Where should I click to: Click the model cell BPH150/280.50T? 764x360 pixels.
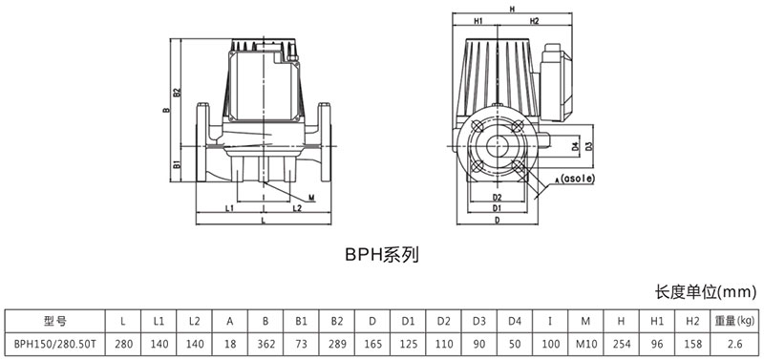point(54,344)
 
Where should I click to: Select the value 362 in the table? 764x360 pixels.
point(265,344)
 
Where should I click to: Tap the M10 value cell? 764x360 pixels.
point(585,344)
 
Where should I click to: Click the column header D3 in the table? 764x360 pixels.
point(479,321)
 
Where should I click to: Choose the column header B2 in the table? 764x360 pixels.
point(337,321)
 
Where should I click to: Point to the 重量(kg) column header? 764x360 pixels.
point(734,321)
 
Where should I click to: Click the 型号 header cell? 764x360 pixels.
point(54,321)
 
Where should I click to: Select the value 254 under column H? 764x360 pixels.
point(621,344)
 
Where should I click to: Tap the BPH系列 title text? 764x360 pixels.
point(382,255)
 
